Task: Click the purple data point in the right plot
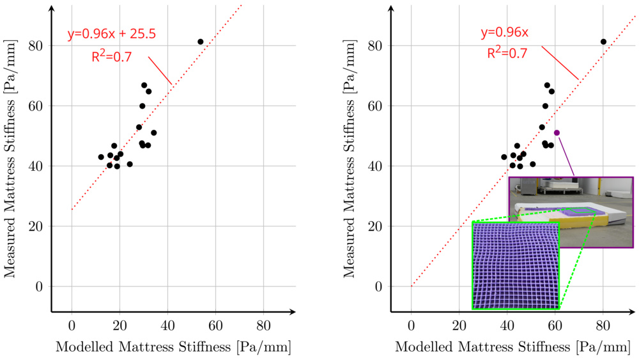coord(557,132)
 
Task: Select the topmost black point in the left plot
coord(200,42)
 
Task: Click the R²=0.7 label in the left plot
coord(112,56)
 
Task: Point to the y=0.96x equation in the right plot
coord(505,31)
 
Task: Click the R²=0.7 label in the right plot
coord(507,53)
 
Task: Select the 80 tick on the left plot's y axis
coord(37,46)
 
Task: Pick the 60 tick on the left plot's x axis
coord(215,324)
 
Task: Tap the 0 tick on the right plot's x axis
coord(412,324)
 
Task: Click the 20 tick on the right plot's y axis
coord(376,226)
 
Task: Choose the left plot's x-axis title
coord(173,347)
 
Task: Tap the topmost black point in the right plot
coord(603,42)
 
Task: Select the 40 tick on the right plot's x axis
coord(507,324)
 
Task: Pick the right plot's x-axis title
coord(512,347)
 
